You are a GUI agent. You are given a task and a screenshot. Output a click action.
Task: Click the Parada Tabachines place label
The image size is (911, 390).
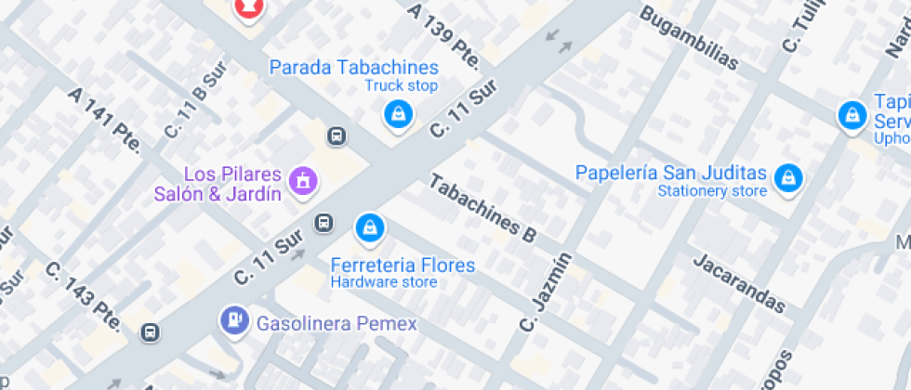[x=353, y=68]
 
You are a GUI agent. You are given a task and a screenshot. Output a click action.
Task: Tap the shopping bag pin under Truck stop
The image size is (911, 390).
[x=399, y=114]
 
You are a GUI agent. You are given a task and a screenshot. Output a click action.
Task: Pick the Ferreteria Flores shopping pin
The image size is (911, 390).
[x=370, y=227]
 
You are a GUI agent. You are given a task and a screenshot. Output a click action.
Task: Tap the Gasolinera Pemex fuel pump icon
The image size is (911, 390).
[x=233, y=320]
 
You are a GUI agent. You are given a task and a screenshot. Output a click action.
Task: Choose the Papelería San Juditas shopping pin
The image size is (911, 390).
[x=789, y=177]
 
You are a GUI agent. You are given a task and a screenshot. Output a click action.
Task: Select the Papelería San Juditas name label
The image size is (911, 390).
[x=671, y=173]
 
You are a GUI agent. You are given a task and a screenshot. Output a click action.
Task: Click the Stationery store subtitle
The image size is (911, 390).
[x=712, y=191]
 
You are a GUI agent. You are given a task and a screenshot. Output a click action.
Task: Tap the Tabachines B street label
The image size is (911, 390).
[x=482, y=209]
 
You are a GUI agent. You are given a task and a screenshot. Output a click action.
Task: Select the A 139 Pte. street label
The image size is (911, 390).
[x=444, y=35]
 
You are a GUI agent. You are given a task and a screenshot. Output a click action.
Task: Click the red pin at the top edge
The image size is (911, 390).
[x=247, y=7]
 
